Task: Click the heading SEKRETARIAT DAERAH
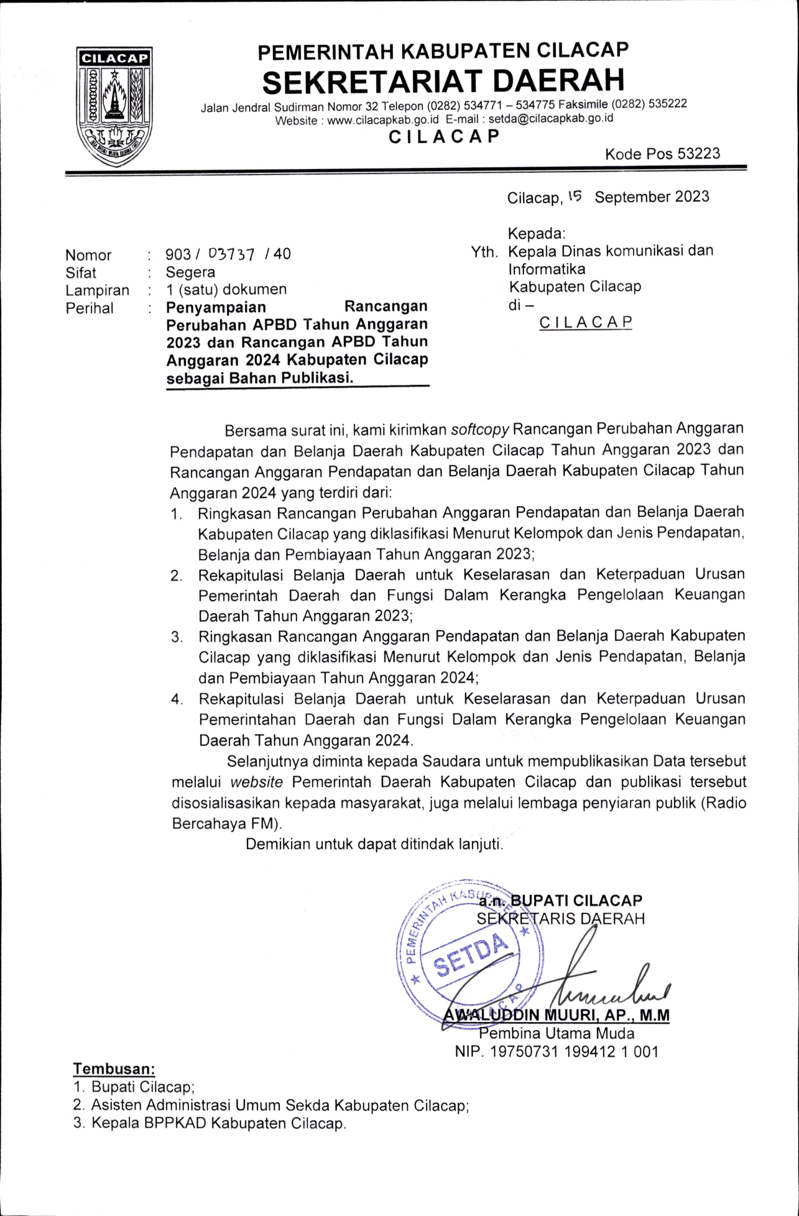(x=443, y=81)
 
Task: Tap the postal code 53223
(x=698, y=154)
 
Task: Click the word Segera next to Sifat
(x=190, y=272)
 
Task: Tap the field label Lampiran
(x=98, y=290)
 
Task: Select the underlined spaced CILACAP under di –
(x=586, y=323)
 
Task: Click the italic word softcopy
(x=480, y=429)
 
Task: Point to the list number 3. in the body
(x=177, y=637)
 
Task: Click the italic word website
(x=257, y=781)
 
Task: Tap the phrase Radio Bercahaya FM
(x=721, y=803)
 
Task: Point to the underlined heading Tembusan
(x=114, y=1069)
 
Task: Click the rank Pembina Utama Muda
(x=557, y=1034)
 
